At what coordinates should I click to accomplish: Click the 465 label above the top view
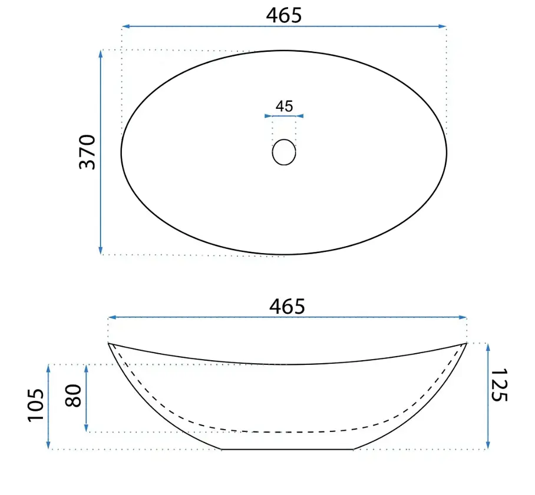click(284, 16)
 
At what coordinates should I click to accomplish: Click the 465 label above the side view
click(287, 306)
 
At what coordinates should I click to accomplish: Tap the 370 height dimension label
click(87, 152)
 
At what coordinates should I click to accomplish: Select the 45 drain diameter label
click(284, 107)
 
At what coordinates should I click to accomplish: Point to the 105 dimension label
click(36, 406)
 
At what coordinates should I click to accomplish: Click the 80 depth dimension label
click(74, 396)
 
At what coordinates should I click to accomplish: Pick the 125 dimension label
click(499, 385)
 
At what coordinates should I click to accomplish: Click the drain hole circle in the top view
click(284, 139)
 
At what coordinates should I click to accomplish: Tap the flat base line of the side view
click(288, 450)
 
